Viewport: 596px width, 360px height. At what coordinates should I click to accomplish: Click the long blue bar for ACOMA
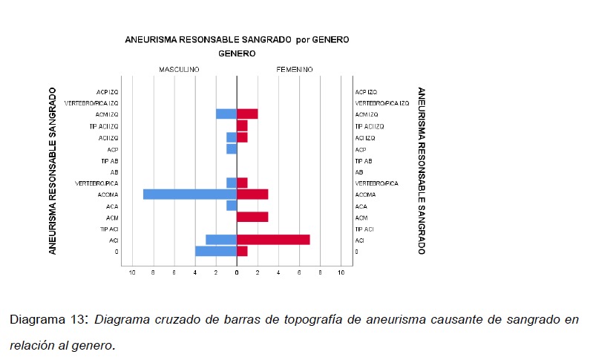[x=189, y=194]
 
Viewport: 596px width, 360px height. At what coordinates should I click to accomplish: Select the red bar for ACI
[x=273, y=240]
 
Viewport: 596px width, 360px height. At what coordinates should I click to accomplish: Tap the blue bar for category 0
[x=216, y=252]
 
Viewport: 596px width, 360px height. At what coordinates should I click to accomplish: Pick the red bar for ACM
[x=252, y=217]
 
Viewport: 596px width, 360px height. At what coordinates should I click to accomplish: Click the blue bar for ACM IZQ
[x=226, y=114]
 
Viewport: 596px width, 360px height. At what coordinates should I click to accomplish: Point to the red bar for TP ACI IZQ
[x=242, y=125]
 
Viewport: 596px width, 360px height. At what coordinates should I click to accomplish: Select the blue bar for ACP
[x=232, y=148]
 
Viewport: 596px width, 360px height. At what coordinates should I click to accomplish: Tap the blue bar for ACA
[x=232, y=206]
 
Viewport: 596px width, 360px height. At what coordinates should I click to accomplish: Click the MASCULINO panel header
[x=179, y=69]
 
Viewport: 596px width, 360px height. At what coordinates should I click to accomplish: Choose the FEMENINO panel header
[x=295, y=69]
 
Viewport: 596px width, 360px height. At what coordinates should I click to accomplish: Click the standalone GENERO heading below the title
[x=237, y=53]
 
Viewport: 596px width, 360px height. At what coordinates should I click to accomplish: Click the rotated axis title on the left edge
[x=53, y=171]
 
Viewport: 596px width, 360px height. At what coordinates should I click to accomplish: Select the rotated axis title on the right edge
[x=422, y=171]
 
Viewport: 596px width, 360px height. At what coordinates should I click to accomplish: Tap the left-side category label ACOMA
[x=108, y=194]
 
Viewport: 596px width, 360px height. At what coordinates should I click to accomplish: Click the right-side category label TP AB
[x=364, y=160]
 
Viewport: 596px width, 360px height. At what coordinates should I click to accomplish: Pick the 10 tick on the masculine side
[x=132, y=273]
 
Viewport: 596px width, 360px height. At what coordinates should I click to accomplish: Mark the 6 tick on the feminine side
[x=300, y=273]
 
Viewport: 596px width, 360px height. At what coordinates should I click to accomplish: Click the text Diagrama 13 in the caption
[x=46, y=320]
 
